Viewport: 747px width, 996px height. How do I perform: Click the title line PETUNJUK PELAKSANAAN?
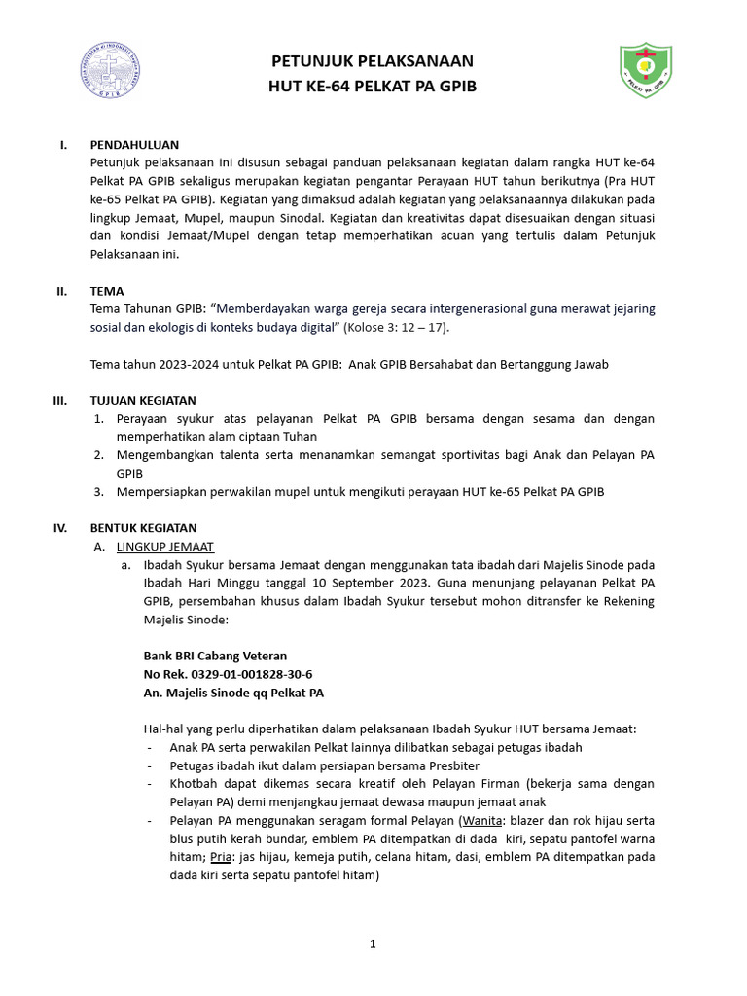[x=373, y=62]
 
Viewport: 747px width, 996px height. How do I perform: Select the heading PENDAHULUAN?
[x=134, y=145]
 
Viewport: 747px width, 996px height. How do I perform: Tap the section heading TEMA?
[x=107, y=290]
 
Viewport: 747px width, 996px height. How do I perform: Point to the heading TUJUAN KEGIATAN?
[x=143, y=400]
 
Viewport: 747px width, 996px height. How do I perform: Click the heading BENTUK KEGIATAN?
[x=143, y=528]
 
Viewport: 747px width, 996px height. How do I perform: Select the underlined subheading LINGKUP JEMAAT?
[x=165, y=547]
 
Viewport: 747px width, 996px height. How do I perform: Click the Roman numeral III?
[x=59, y=400]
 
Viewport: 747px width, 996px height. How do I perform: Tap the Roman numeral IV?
[x=60, y=528]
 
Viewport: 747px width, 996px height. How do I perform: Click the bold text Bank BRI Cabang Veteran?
[x=215, y=656]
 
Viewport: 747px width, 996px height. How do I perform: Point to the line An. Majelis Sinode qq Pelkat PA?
[x=233, y=693]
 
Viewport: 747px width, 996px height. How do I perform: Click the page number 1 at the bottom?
[x=373, y=943]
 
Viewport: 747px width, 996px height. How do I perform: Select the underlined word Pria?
[x=220, y=857]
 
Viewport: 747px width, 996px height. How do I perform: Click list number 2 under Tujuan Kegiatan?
[x=99, y=454]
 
